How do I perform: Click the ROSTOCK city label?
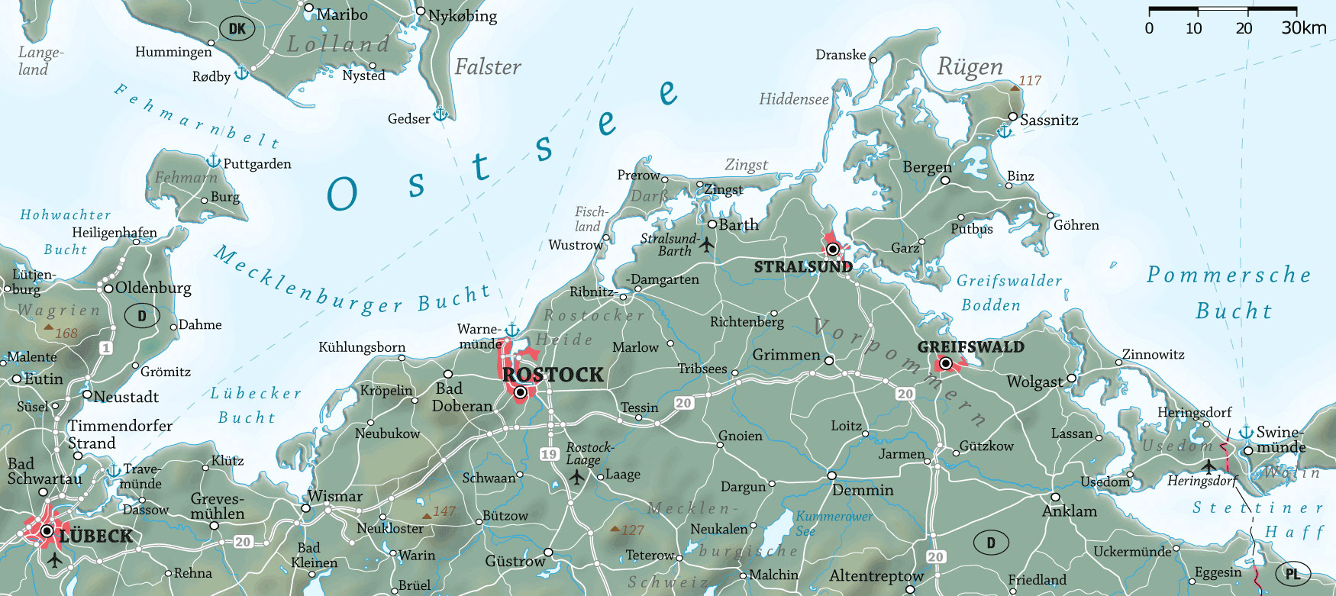(x=553, y=375)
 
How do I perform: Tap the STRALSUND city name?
(x=803, y=267)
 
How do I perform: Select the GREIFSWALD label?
(x=970, y=347)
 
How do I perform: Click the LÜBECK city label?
(x=96, y=536)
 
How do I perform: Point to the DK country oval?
(x=237, y=29)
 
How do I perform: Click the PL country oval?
(x=1292, y=574)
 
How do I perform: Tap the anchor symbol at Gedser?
(x=440, y=114)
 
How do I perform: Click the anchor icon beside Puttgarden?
(x=214, y=160)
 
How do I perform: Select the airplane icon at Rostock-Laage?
(x=577, y=478)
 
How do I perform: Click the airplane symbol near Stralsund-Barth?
(x=707, y=245)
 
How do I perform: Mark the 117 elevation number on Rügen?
(x=1030, y=81)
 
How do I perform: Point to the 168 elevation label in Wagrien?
(x=66, y=333)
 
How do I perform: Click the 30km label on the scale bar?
(x=1304, y=28)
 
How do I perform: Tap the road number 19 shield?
(x=549, y=454)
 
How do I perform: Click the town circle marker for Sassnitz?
(x=1013, y=117)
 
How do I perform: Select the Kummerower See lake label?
(x=832, y=524)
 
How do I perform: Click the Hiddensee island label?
(x=793, y=99)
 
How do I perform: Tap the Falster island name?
(x=488, y=67)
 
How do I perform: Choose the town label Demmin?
(x=863, y=491)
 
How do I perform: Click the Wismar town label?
(x=335, y=497)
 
